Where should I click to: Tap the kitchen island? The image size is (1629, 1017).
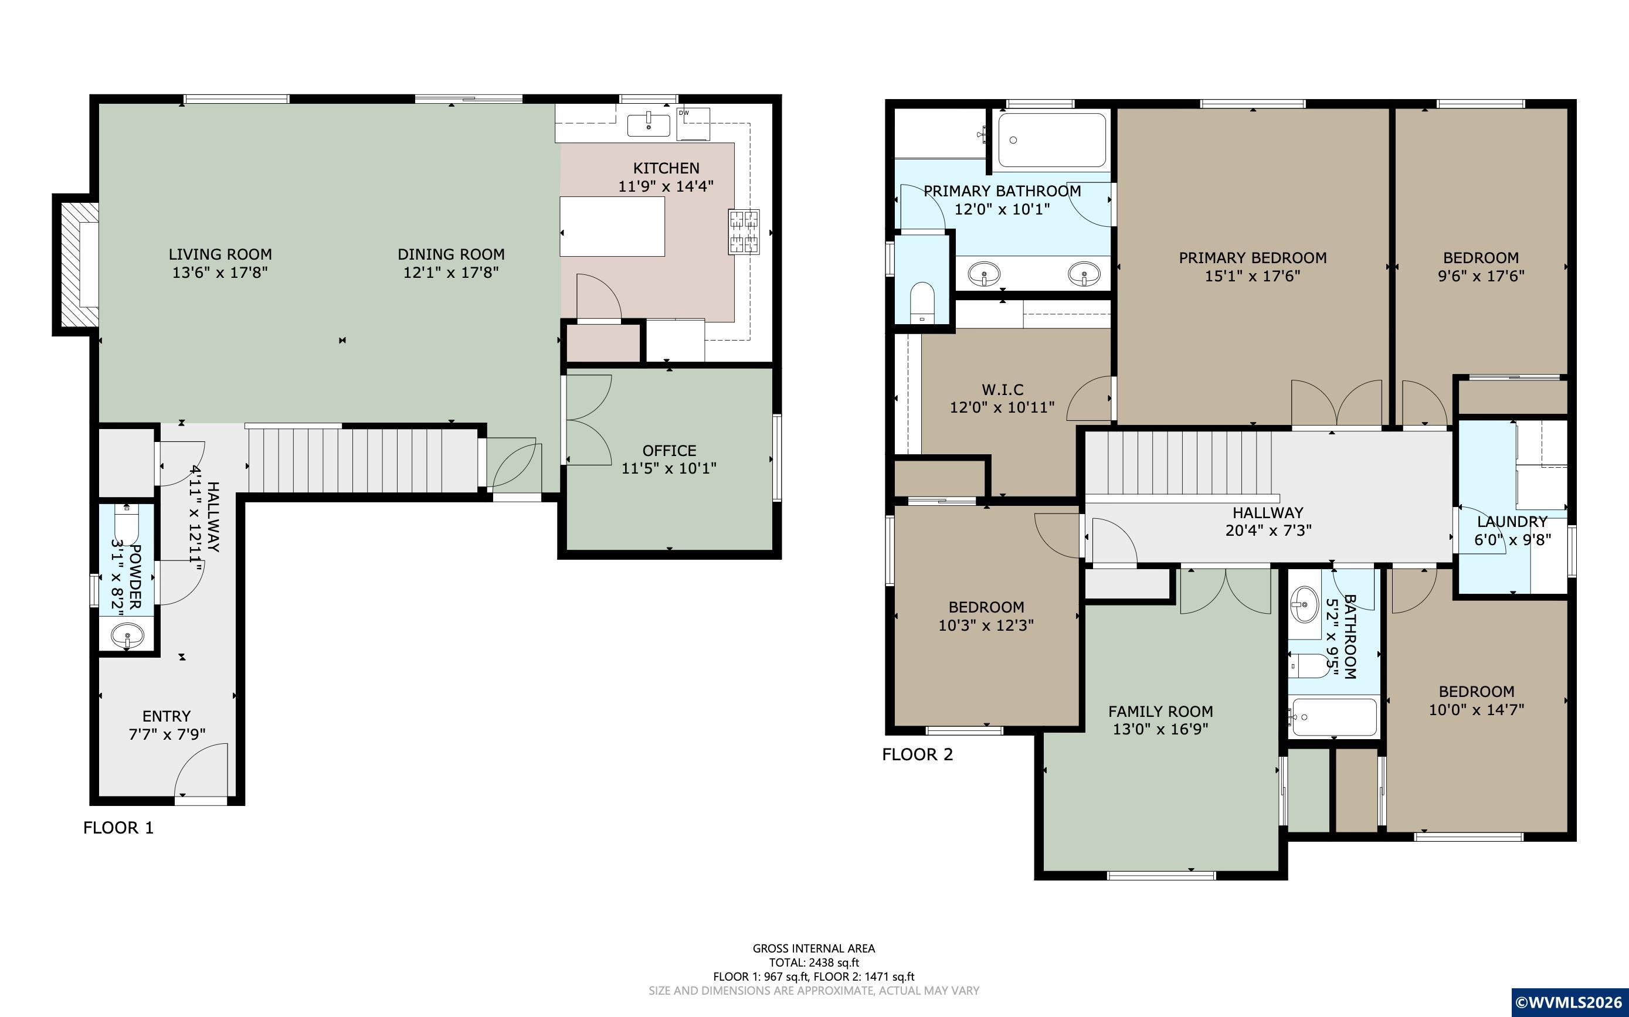[612, 226]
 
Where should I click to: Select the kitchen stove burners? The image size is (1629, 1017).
[744, 232]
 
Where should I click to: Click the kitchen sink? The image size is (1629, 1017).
[649, 125]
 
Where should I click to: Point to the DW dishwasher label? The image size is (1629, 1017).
[684, 113]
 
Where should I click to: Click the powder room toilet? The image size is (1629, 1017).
[127, 525]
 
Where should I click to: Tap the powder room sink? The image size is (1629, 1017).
[127, 634]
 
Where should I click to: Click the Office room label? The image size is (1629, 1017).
[669, 451]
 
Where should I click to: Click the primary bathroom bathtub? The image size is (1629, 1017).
[1051, 140]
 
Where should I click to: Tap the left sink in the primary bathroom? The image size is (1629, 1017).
[984, 274]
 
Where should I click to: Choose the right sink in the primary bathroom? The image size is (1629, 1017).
[1085, 274]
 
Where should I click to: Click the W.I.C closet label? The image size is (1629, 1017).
[1003, 389]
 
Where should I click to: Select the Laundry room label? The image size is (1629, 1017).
[1512, 522]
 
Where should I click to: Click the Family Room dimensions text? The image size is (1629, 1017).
[1160, 729]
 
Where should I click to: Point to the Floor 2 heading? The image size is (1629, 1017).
[918, 754]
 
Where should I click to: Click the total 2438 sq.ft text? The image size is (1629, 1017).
[814, 962]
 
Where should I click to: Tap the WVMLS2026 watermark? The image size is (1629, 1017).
[1570, 1003]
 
